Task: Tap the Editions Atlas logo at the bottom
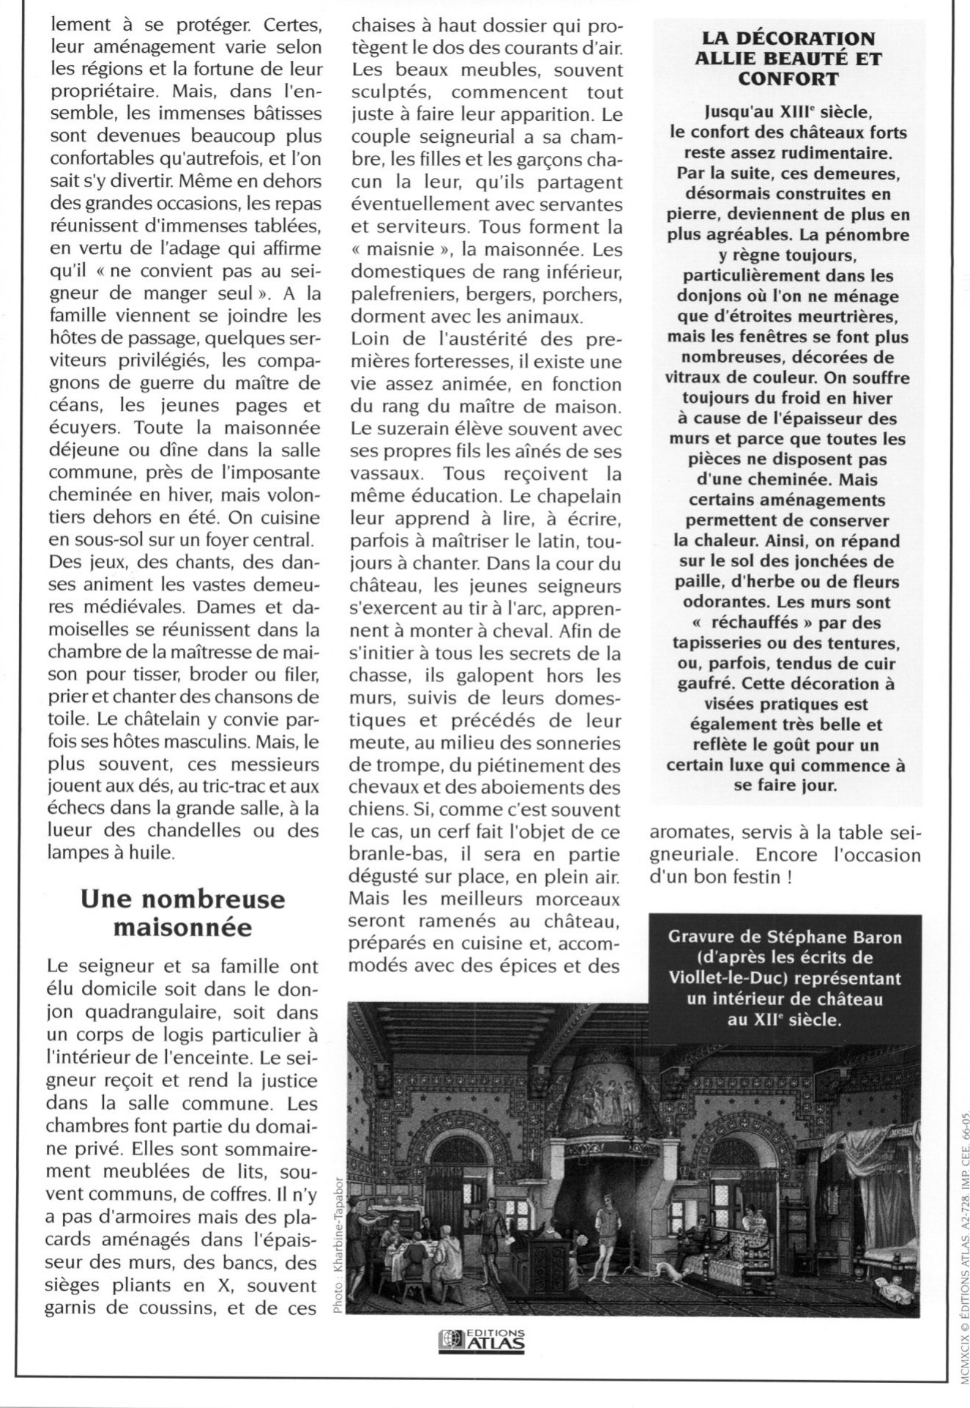coord(482,1340)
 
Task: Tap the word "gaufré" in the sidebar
coord(704,684)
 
